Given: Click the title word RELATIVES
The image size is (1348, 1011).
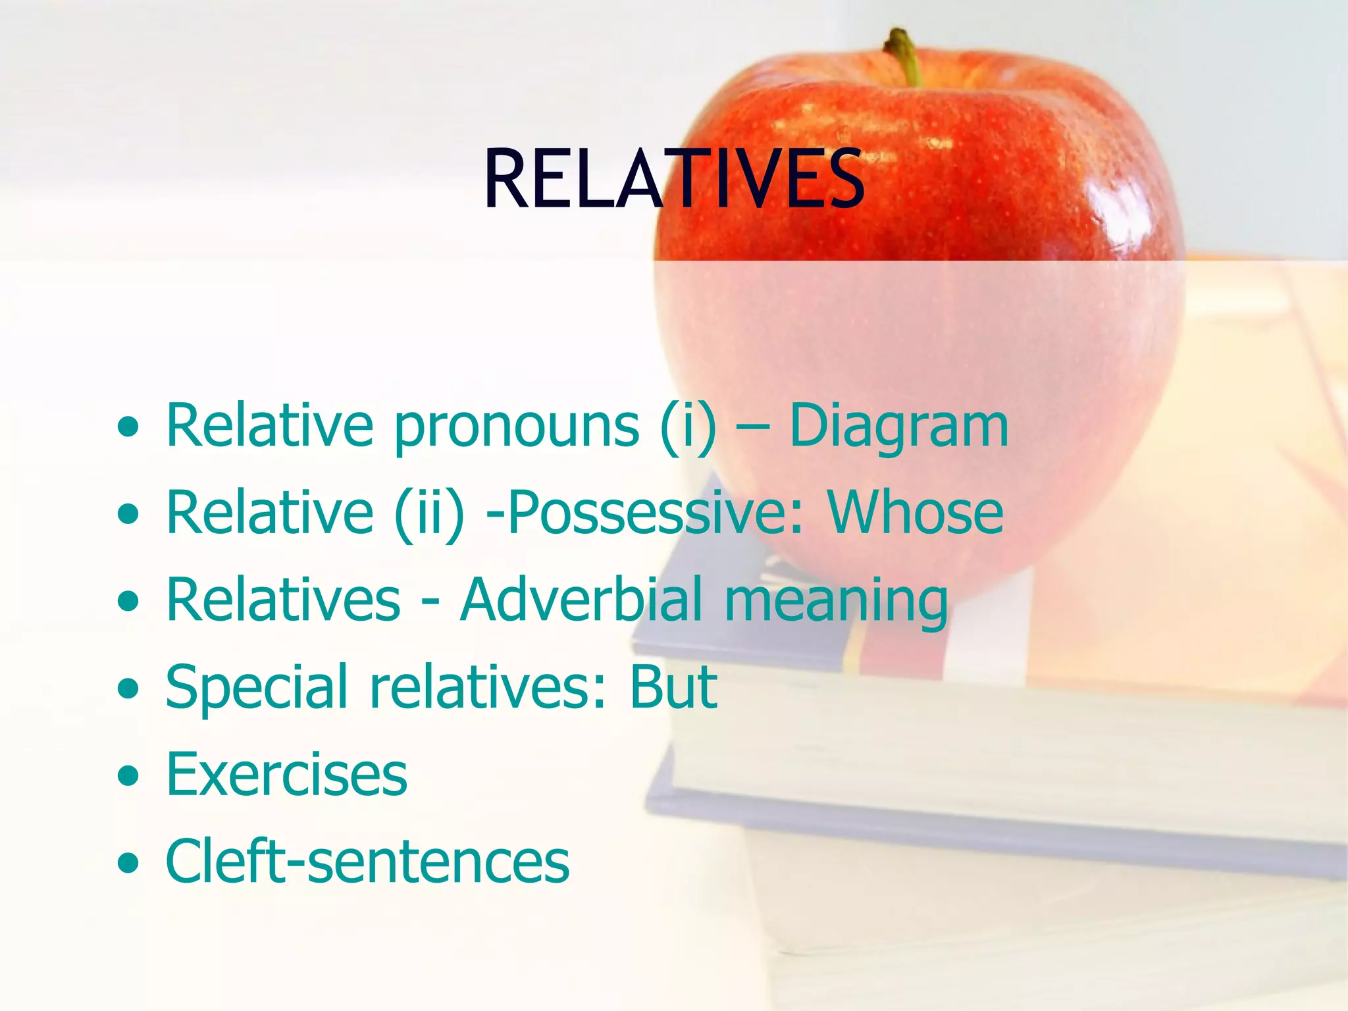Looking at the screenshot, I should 673,179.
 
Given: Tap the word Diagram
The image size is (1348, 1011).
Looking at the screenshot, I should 898,426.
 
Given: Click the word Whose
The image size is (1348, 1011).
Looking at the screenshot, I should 916,513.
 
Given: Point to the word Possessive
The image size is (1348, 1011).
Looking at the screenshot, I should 655,513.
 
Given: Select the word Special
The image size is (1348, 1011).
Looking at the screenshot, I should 257,688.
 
